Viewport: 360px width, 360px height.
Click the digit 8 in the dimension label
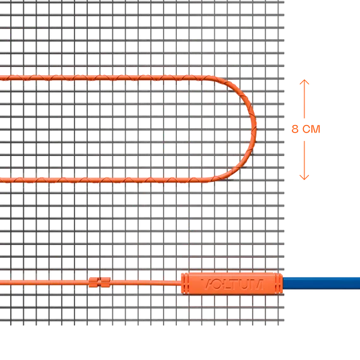(x=295, y=129)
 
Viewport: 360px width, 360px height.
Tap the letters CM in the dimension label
(x=311, y=129)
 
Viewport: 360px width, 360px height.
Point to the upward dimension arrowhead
(x=304, y=82)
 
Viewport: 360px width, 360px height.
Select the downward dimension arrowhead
(x=304, y=177)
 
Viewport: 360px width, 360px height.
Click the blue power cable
(x=321, y=283)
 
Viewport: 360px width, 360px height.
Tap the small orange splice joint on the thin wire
(x=100, y=282)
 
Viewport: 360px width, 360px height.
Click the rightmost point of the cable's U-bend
(x=256, y=129)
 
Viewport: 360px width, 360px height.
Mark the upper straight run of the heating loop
(x=104, y=78)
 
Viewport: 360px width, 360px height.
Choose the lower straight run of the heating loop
(x=104, y=180)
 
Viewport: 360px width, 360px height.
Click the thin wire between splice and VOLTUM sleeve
(x=146, y=282)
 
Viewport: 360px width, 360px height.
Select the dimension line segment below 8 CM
(x=304, y=160)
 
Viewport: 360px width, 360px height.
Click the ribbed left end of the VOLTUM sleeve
(x=184, y=284)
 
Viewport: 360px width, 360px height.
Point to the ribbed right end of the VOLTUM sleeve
(x=279, y=283)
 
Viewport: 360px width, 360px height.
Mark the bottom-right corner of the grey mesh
(x=284, y=325)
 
